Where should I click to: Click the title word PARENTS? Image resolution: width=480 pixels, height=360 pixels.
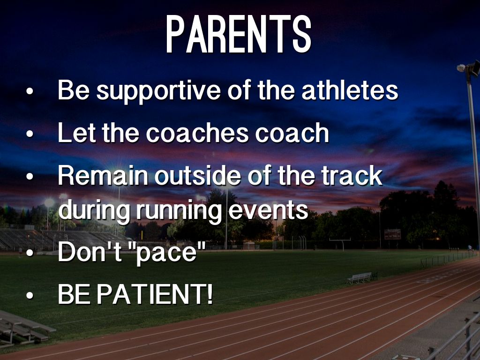(x=239, y=34)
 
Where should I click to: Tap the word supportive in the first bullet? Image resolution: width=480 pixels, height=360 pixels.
(x=158, y=91)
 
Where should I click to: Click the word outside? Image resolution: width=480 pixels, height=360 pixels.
(x=198, y=175)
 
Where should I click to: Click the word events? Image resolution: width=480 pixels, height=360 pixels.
(x=269, y=210)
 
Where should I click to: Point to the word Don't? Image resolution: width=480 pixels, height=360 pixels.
(x=90, y=251)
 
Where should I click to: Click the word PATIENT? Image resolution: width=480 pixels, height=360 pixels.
(x=155, y=294)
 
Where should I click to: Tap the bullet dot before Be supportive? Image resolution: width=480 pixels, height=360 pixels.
(x=30, y=91)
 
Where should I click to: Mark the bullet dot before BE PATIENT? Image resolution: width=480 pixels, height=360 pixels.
(x=30, y=295)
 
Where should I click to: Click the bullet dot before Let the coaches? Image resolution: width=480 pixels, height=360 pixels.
(x=30, y=134)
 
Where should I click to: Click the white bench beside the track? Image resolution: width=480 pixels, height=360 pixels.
(x=360, y=277)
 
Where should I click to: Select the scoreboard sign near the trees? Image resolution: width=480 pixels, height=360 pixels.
(x=392, y=234)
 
